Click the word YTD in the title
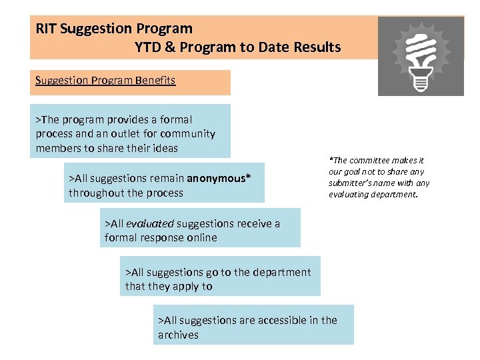tap(148, 47)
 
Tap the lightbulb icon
tap(421, 56)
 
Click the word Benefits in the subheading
tap(155, 81)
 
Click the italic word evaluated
tap(150, 223)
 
